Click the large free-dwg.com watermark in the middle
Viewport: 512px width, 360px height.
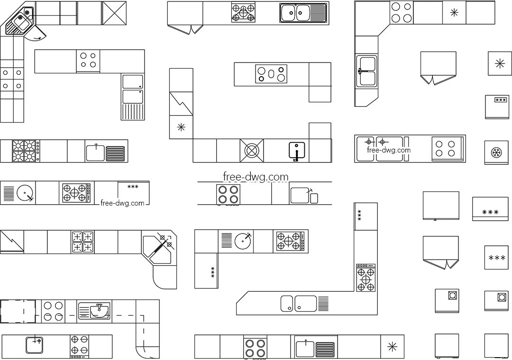[256, 177]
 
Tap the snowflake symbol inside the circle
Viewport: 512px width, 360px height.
[496, 153]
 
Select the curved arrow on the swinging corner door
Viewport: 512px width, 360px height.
[38, 38]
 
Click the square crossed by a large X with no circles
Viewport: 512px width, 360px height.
[114, 13]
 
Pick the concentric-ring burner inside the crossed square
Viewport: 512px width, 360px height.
[252, 151]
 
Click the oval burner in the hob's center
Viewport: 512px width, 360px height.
[271, 74]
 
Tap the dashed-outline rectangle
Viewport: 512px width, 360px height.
[18, 311]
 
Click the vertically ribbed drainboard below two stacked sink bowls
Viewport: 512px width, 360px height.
[133, 112]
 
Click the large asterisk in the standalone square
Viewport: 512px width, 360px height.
[500, 63]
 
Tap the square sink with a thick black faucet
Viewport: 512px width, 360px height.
[297, 150]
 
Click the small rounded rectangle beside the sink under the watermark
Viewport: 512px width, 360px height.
[314, 198]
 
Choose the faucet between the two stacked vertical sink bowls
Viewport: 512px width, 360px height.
[360, 71]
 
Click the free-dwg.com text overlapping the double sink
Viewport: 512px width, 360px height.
[389, 150]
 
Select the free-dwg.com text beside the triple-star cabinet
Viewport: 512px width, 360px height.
[122, 203]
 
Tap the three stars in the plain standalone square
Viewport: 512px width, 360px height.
[497, 258]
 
